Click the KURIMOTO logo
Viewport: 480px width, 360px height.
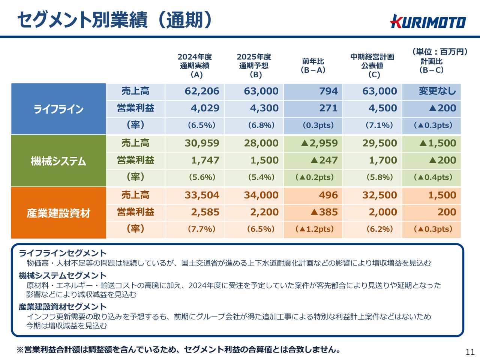pyautogui.click(x=428, y=22)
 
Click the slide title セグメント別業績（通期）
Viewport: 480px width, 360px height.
pyautogui.click(x=114, y=19)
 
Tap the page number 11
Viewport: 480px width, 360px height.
pyautogui.click(x=470, y=352)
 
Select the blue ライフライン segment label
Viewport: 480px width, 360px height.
pyautogui.click(x=58, y=109)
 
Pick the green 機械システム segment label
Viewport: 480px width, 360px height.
pyautogui.click(x=58, y=161)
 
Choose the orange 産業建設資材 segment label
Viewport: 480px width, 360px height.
pyautogui.click(x=58, y=213)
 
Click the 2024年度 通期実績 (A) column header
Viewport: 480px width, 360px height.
pyautogui.click(x=195, y=66)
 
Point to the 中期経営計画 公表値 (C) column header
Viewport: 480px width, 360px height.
pyautogui.click(x=372, y=66)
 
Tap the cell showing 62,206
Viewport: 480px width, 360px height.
pyautogui.click(x=202, y=91)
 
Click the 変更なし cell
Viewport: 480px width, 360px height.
pyautogui.click(x=437, y=91)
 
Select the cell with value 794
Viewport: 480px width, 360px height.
pyautogui.click(x=328, y=91)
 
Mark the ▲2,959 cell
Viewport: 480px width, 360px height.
pyautogui.click(x=319, y=143)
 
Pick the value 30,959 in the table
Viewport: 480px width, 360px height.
pyautogui.click(x=202, y=143)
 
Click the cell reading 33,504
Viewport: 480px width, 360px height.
pyautogui.click(x=202, y=195)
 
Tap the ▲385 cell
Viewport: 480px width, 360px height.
pyautogui.click(x=324, y=212)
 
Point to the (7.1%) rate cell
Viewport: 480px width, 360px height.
pyautogui.click(x=379, y=125)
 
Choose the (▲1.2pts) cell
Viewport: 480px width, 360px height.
pyautogui.click(x=314, y=229)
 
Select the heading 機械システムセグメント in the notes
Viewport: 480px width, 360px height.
pyautogui.click(x=63, y=276)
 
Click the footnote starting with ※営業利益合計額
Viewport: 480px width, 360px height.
pyautogui.click(x=179, y=349)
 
